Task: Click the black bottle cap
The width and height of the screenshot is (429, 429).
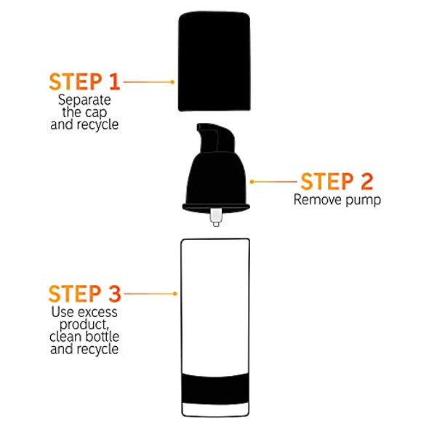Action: [x=214, y=61]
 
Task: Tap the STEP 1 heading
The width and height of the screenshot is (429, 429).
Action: [x=84, y=81]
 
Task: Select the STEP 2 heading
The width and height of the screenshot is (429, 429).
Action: [x=337, y=181]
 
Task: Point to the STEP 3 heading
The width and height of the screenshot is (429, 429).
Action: [x=84, y=294]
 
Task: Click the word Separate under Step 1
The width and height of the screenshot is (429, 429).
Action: [x=84, y=100]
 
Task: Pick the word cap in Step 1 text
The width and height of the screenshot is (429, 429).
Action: [x=96, y=112]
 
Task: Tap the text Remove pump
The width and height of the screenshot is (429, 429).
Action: [x=337, y=199]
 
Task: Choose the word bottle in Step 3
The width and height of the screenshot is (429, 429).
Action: [x=103, y=336]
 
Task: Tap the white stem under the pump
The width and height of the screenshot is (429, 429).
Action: [x=216, y=217]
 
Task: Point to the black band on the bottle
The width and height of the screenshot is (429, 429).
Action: [x=215, y=388]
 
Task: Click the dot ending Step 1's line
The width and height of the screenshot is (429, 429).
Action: [x=172, y=82]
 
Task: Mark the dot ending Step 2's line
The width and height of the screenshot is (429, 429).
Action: [x=252, y=182]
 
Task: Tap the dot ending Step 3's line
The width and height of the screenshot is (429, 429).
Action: [x=175, y=294]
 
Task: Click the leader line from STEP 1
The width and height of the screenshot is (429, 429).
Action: [x=148, y=82]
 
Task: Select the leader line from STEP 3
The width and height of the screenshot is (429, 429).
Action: [x=149, y=294]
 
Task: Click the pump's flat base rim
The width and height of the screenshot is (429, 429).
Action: [x=216, y=207]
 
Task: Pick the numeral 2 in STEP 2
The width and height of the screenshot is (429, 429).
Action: [x=367, y=181]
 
